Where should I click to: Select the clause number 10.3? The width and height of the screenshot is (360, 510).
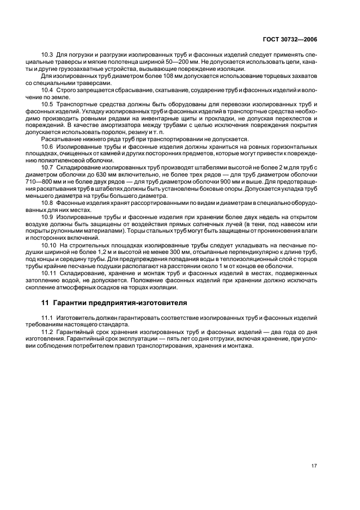[x=47, y=55]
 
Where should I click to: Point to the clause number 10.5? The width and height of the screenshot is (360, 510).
[x=47, y=104]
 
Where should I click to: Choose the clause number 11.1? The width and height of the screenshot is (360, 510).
[x=47, y=317]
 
